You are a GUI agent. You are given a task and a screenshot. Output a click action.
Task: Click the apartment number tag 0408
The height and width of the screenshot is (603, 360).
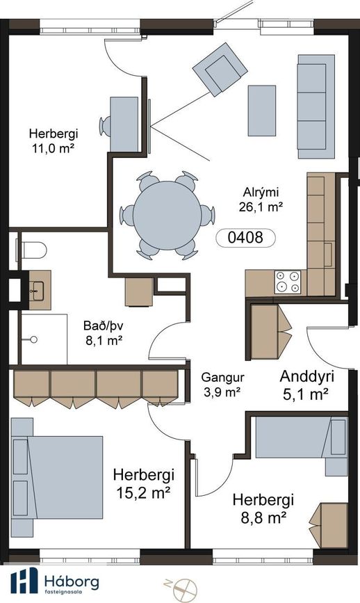click(245, 238)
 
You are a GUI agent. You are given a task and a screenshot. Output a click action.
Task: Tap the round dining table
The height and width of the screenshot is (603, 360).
click(167, 216)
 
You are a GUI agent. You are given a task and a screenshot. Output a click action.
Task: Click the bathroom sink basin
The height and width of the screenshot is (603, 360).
click(38, 291)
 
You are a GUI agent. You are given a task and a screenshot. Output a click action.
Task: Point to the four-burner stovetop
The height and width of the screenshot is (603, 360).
click(288, 282)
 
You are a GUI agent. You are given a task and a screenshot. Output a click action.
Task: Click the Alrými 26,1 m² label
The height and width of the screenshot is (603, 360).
click(261, 199)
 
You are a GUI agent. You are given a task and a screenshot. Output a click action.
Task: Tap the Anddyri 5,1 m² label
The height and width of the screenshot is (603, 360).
click(306, 385)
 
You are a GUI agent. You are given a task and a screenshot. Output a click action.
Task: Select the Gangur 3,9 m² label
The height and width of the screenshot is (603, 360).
click(222, 385)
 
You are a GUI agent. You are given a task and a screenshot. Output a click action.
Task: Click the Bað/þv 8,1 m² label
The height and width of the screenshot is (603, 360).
click(104, 333)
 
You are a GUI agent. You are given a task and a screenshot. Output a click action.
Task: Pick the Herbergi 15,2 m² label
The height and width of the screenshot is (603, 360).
click(144, 483)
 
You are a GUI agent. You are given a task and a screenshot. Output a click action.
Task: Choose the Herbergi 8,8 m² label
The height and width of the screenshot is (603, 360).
click(263, 508)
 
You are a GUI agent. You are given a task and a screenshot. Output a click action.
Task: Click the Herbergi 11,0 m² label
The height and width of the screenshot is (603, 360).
click(54, 140)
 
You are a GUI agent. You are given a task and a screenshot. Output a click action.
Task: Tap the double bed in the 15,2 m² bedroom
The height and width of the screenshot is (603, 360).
click(57, 477)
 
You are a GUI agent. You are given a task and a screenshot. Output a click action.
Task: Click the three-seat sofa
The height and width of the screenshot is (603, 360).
click(316, 106)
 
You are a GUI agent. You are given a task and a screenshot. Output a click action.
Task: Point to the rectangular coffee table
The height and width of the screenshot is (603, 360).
click(261, 111)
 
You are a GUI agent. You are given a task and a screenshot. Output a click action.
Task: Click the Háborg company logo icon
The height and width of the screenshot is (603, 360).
click(24, 580)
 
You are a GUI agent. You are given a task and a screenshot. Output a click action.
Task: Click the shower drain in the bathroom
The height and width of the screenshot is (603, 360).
click(34, 339)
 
